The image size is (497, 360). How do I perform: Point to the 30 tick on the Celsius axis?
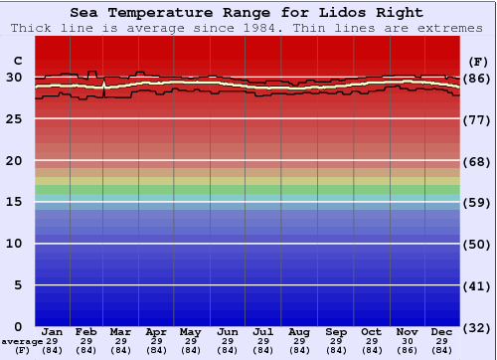coord(14,78)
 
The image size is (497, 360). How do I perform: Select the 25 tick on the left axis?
coord(14,118)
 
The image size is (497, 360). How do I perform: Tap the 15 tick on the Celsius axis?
coord(14,202)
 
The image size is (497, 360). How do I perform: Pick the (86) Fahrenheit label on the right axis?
coord(477,78)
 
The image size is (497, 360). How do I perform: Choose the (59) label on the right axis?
coord(477,202)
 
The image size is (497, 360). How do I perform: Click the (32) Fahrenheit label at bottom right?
coord(477,327)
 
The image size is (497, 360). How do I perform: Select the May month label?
coord(189,331)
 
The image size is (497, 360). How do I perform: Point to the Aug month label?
coord(298,331)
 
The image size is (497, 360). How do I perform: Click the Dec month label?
coord(442,331)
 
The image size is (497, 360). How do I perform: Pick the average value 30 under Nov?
coord(407,341)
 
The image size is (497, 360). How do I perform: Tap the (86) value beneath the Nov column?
coord(407,350)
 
